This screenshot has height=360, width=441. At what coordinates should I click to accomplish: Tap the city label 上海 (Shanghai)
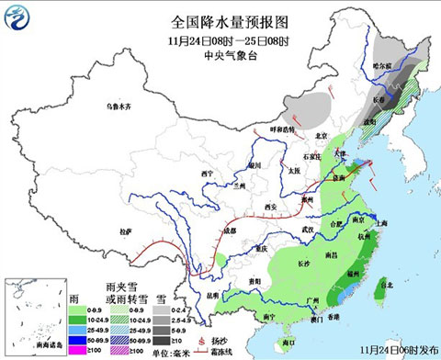[380, 223]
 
